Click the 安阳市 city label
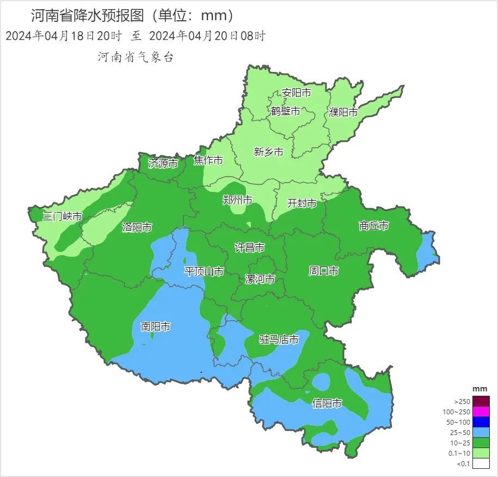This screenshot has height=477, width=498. (x=297, y=93)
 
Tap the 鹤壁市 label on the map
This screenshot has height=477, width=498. (x=286, y=111)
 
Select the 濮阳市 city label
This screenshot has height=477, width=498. (x=343, y=113)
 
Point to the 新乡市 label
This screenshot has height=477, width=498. (x=269, y=152)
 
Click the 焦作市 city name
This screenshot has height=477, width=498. (x=208, y=160)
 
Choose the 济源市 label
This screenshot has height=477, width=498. (x=163, y=163)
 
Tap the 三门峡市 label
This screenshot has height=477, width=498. (x=63, y=216)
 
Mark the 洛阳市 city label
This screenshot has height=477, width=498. (x=137, y=227)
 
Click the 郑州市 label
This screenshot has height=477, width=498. (x=237, y=200)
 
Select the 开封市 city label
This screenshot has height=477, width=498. (x=302, y=203)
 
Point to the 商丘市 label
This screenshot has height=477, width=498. (x=374, y=226)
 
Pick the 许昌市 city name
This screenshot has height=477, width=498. (x=249, y=247)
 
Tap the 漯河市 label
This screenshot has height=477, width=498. (x=260, y=280)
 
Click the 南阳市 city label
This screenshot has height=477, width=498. (x=156, y=327)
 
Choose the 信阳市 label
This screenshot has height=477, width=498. (x=327, y=403)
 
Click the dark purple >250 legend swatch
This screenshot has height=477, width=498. (x=481, y=401)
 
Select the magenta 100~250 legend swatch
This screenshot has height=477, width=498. (x=481, y=412)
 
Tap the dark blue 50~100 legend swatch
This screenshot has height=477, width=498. (x=481, y=422)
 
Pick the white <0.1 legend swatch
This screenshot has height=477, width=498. (x=481, y=464)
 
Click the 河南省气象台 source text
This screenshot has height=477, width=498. (x=136, y=57)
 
